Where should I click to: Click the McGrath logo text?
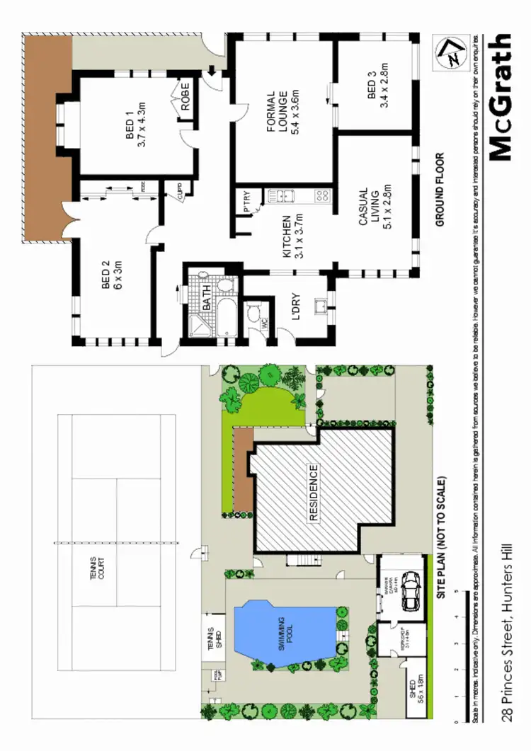(x=500, y=99)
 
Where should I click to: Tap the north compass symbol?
(x=448, y=53)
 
